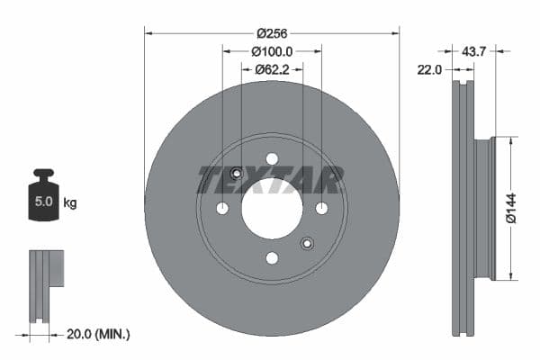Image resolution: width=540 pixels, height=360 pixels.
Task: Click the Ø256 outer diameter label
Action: [x=272, y=33]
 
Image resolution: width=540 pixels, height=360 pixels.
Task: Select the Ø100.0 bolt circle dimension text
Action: [x=272, y=52]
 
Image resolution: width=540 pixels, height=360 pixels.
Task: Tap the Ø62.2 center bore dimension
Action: [x=272, y=68]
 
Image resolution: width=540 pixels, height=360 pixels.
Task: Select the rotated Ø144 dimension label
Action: [x=509, y=208]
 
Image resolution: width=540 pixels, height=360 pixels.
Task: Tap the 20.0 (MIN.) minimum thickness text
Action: [x=99, y=334]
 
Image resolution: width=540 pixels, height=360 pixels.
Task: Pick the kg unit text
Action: [x=69, y=202]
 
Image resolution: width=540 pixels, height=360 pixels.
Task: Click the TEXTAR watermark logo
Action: [x=271, y=180]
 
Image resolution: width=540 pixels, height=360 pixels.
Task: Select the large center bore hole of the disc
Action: [x=272, y=209]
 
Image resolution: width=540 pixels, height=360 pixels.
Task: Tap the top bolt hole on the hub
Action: [x=272, y=159]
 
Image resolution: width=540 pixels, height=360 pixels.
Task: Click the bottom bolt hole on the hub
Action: [x=272, y=258]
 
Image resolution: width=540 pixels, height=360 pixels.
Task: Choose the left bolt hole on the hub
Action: [x=222, y=209]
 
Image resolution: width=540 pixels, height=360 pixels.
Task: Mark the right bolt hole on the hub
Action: [x=321, y=209]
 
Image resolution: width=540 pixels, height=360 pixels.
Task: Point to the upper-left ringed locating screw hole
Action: [x=237, y=174]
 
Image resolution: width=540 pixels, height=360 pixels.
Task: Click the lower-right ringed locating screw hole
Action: [x=307, y=243]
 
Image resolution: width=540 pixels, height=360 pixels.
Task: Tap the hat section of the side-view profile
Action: [x=484, y=208]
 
